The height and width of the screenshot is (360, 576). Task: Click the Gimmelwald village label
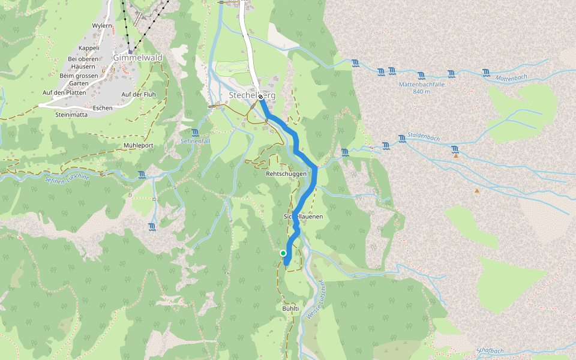pyautogui.click(x=137, y=58)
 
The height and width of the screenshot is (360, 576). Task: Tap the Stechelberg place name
pyautogui.click(x=252, y=95)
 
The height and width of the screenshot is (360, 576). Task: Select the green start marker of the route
pyautogui.click(x=283, y=253)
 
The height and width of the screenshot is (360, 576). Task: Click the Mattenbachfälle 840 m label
pyautogui.click(x=422, y=88)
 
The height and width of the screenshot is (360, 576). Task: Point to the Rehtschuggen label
pyautogui.click(x=286, y=173)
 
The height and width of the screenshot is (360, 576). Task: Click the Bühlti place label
pyautogui.click(x=290, y=308)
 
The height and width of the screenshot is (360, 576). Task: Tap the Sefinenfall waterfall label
pyautogui.click(x=195, y=140)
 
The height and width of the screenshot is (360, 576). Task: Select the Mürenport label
pyautogui.click(x=139, y=146)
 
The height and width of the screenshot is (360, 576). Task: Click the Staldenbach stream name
pyautogui.click(x=423, y=137)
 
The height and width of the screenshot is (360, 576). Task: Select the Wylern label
pyautogui.click(x=102, y=26)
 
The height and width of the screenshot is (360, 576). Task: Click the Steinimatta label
pyautogui.click(x=71, y=114)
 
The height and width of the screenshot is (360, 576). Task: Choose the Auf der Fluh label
pyautogui.click(x=139, y=95)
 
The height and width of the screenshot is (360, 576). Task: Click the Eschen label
pyautogui.click(x=103, y=107)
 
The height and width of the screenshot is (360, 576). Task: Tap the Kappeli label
pyautogui.click(x=89, y=48)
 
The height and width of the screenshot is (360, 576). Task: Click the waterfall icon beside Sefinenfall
pyautogui.click(x=195, y=132)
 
